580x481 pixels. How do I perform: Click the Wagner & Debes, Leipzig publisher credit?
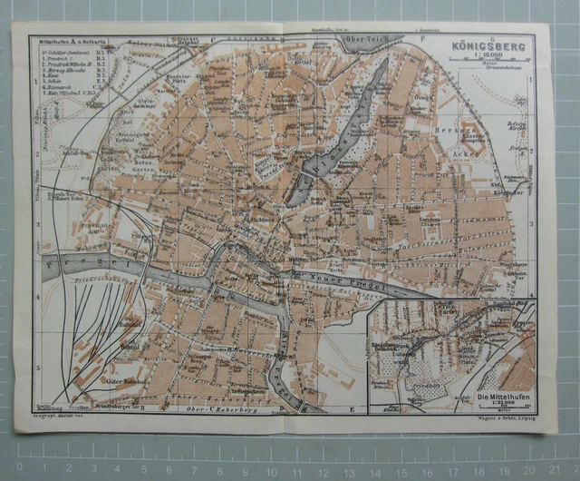(x=503, y=418)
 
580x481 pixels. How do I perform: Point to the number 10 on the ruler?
(x=290, y=469)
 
